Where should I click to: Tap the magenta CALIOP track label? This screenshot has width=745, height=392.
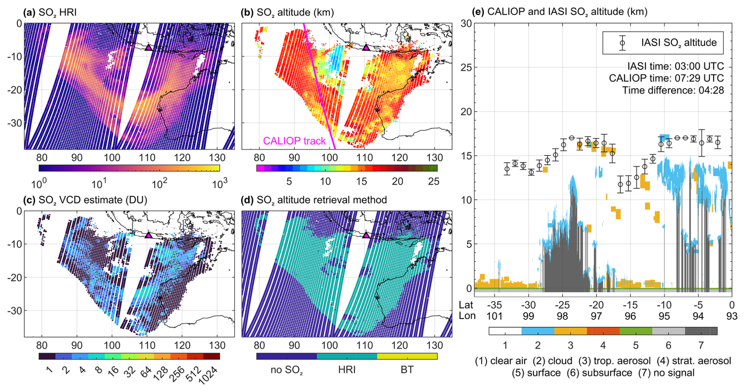294,141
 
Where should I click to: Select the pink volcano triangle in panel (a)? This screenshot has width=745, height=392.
148,47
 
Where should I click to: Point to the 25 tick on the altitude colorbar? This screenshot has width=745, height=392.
434,181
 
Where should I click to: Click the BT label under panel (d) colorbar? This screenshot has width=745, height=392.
407,370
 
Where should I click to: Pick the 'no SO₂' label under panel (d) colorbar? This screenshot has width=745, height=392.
287,370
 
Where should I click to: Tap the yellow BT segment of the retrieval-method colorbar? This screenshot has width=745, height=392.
407,356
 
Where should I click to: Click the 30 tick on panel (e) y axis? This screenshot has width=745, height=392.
466,24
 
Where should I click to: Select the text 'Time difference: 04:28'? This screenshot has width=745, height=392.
673,91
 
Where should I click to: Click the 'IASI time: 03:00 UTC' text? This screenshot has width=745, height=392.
676,66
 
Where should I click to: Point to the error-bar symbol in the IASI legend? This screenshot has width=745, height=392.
622,43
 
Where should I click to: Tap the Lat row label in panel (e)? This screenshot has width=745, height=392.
466,305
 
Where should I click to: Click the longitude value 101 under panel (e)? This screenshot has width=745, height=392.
494,316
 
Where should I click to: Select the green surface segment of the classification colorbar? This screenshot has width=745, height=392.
636,331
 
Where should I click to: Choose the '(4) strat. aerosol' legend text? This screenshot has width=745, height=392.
694,361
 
